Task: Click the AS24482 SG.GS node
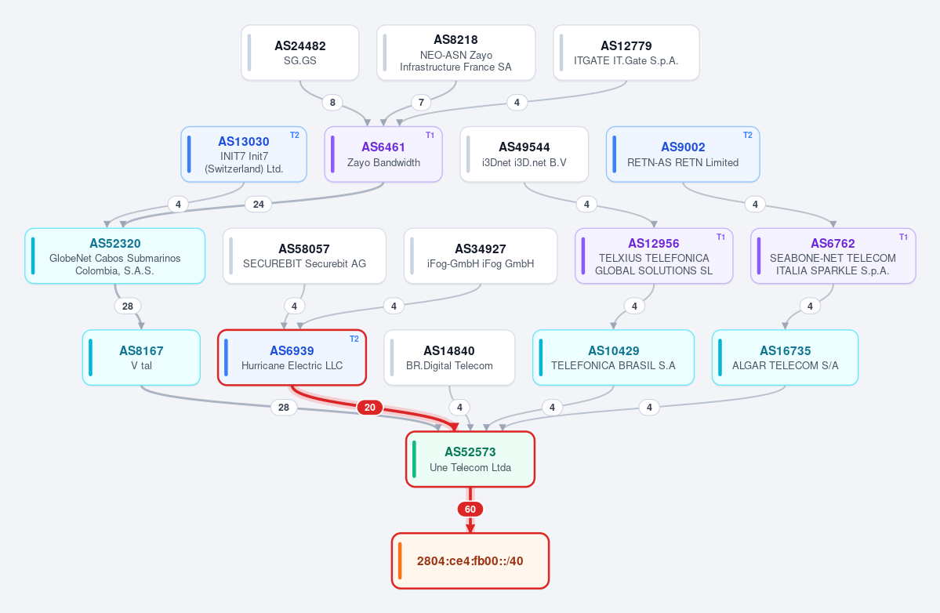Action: point(299,53)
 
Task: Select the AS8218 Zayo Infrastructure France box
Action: point(455,53)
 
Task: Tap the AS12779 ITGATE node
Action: point(626,53)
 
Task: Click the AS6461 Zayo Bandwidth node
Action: point(383,154)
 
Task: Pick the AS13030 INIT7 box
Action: point(244,154)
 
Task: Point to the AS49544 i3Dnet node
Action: point(524,154)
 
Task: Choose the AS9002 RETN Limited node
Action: point(683,154)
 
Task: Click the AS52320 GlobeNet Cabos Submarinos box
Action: point(115,256)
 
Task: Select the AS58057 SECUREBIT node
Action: point(304,256)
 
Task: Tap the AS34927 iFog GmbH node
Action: point(480,256)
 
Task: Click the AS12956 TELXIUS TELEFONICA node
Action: point(653,256)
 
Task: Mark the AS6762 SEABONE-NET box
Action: point(833,256)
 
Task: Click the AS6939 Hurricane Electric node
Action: point(292,357)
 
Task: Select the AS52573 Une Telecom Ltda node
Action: point(470,459)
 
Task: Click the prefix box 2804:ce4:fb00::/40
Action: point(470,560)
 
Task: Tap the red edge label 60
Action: point(470,510)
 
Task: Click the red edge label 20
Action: point(370,408)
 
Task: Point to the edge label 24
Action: point(259,205)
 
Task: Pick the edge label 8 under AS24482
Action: point(332,103)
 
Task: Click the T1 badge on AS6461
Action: point(430,136)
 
